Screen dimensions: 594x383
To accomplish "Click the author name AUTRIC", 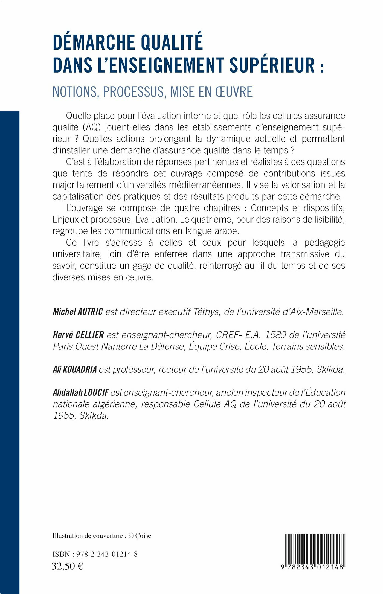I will (90, 312).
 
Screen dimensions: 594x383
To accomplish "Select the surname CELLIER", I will (90, 335).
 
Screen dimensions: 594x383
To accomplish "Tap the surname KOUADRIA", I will (80, 369).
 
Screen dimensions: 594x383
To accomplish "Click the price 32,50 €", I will (67, 566).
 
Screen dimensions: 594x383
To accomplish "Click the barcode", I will (314, 550).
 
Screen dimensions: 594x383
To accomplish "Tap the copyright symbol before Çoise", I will (131, 536).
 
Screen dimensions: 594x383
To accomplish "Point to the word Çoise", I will (143, 536).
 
